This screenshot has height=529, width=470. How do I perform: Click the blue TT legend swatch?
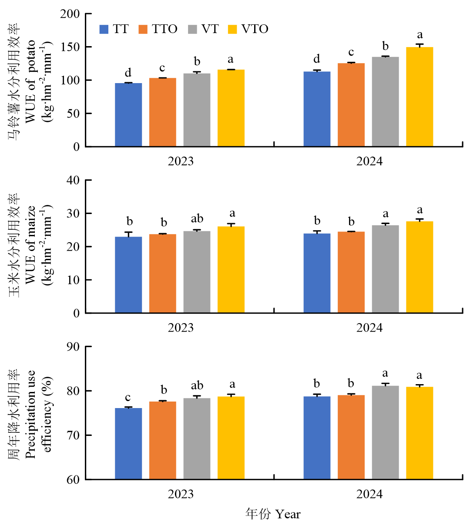coord(104,29)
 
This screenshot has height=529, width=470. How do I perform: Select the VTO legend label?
coord(255,29)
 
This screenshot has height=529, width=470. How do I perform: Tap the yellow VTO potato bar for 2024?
coord(420,97)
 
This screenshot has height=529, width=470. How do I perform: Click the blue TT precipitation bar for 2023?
coord(128,443)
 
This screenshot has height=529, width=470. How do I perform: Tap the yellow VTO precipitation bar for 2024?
coord(420,433)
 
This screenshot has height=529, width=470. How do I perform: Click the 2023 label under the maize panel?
coord(181,328)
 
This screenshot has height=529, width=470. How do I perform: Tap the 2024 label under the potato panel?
coord(369,161)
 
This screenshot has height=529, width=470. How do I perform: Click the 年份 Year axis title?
coord(273,514)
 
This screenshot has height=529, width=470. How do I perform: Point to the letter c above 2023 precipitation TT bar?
coord(128,398)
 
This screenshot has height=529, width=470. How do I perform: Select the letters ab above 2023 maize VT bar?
coord(197,219)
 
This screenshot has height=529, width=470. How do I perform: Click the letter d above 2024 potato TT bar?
coord(317,59)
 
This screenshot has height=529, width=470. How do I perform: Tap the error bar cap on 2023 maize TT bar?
coord(128,232)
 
